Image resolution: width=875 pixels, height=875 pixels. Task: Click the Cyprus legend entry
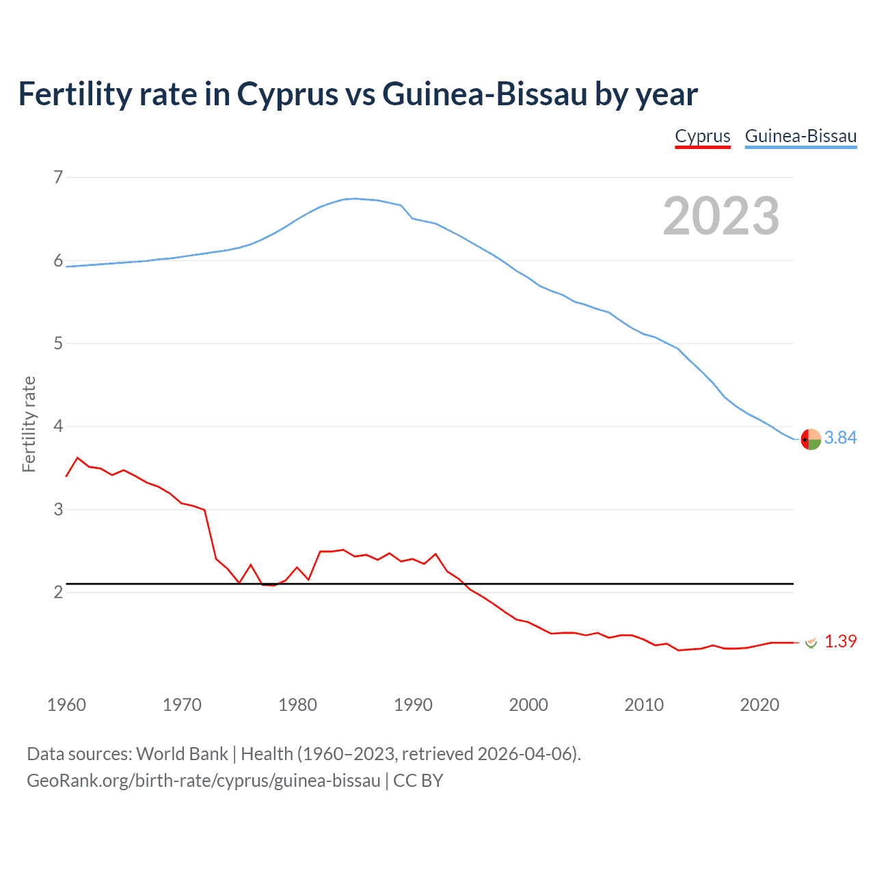coord(703,136)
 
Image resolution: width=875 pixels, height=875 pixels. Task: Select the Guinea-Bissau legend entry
coord(800,136)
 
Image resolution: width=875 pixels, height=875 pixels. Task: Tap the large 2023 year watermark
coord(721,216)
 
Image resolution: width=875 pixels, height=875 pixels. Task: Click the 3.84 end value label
coord(840,437)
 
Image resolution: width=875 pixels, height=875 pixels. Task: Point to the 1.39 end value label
coord(840,641)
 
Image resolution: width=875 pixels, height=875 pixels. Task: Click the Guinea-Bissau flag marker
coord(811,439)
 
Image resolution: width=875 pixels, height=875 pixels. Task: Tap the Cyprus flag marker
coord(811,642)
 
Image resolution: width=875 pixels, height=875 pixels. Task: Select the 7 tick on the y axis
coord(58,177)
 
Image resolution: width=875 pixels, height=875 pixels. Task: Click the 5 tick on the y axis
coord(58,343)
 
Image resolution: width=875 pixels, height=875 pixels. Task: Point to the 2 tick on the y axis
coord(58,592)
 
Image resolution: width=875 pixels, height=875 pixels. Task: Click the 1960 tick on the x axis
coord(66,705)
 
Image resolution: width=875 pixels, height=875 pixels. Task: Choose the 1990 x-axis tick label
coord(413,705)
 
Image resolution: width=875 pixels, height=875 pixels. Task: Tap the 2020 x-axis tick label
coord(759,705)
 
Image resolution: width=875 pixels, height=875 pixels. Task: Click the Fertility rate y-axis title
coord(29,424)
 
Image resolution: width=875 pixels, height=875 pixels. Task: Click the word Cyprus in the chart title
coord(287,94)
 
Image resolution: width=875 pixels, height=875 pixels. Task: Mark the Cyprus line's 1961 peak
coord(77,457)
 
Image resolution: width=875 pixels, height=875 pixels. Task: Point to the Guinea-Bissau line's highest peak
coord(354,198)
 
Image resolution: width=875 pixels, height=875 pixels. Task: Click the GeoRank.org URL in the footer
coord(203,781)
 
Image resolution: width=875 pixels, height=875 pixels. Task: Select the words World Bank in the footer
coord(182,754)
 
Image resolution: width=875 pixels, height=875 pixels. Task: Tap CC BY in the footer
coord(418,781)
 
